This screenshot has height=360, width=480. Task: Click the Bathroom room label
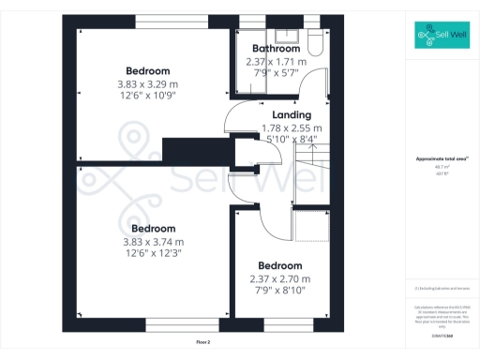pyautogui.click(x=277, y=49)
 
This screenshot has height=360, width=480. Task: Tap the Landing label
pyautogui.click(x=292, y=115)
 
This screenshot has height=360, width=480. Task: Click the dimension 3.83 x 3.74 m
pyautogui.click(x=153, y=241)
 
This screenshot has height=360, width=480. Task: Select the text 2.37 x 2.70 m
pyautogui.click(x=279, y=278)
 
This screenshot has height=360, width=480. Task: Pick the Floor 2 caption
pyautogui.click(x=203, y=342)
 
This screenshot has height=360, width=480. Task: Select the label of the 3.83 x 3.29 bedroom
pyautogui.click(x=148, y=71)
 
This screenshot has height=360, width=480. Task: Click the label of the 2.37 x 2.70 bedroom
pyautogui.click(x=279, y=265)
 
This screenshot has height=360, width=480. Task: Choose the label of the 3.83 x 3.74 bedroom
pyautogui.click(x=153, y=229)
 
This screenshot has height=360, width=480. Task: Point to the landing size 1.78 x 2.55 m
pyautogui.click(x=292, y=127)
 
